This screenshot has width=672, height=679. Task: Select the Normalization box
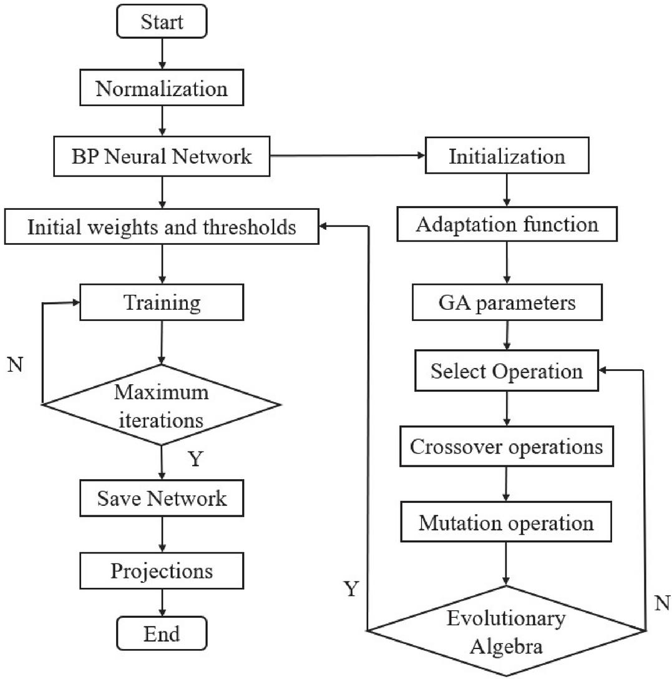coord(162,89)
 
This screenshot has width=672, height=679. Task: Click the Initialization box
coord(506,156)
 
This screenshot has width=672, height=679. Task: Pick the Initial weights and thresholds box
coord(162,226)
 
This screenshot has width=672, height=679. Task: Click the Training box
coord(162,303)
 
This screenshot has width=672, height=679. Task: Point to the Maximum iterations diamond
coord(162,405)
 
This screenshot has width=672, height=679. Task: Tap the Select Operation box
coord(506,371)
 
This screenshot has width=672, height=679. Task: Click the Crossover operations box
coord(506,447)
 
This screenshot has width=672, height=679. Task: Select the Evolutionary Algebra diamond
coord(506,630)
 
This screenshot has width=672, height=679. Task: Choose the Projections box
coord(162,570)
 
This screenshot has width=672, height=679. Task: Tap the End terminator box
coord(162,634)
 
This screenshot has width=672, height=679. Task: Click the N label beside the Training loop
coord(16,365)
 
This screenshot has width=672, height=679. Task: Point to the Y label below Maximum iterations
coord(195,460)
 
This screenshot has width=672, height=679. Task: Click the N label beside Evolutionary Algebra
coord(662,603)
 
